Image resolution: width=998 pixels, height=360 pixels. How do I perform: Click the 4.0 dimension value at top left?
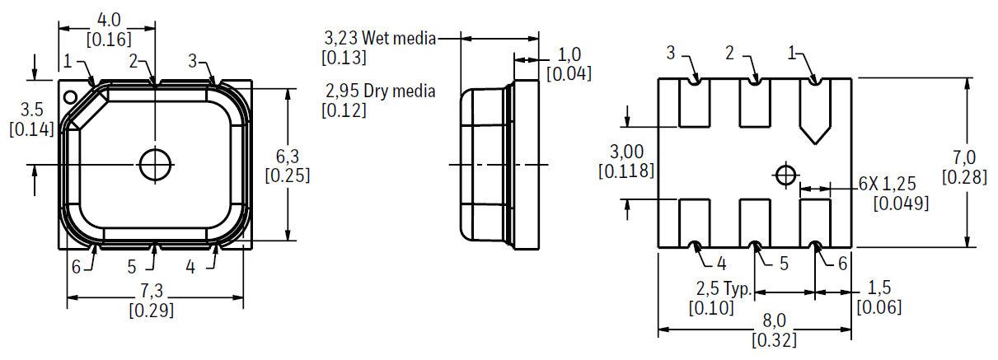tap(109, 20)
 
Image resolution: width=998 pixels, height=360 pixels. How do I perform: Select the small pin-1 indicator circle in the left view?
tap(70, 96)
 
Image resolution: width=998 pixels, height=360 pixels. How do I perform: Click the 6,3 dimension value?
tap(288, 157)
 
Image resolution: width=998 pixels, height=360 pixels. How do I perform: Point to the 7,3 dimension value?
tap(152, 291)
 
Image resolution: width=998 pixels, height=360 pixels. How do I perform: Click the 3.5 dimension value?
tap(32, 110)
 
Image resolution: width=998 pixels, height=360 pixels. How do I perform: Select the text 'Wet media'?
tap(399, 39)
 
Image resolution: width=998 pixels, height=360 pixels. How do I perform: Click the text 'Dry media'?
tap(399, 91)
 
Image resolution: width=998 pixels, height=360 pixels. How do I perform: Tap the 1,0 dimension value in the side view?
tap(569, 55)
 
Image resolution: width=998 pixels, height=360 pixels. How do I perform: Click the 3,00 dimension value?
tap(626, 152)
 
